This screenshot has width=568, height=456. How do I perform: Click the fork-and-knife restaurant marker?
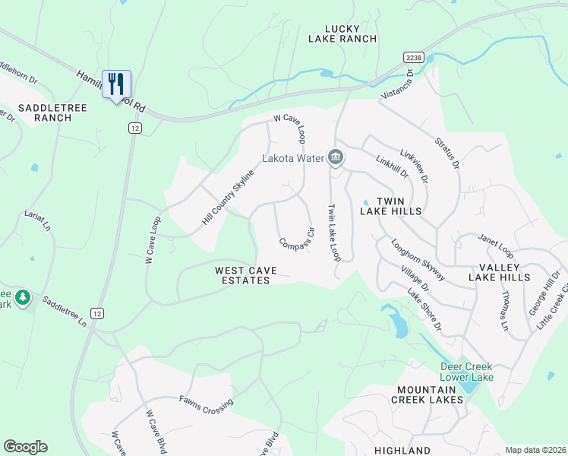pyautogui.click(x=115, y=84)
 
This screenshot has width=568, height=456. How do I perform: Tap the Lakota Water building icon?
pyautogui.click(x=336, y=159)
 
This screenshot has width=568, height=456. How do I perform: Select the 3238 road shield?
pyautogui.click(x=413, y=58)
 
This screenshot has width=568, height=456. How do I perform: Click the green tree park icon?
pyautogui.click(x=23, y=296)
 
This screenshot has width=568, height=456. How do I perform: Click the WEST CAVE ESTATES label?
pyautogui.click(x=242, y=275)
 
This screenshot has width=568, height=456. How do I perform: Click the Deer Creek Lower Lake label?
pyautogui.click(x=467, y=372)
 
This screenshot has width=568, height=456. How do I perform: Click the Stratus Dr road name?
pyautogui.click(x=447, y=153)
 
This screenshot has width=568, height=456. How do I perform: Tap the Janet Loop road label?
pyautogui.click(x=497, y=247)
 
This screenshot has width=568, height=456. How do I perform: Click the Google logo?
pyautogui.click(x=25, y=447)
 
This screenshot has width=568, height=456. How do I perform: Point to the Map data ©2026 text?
pyautogui.click(x=535, y=450)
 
